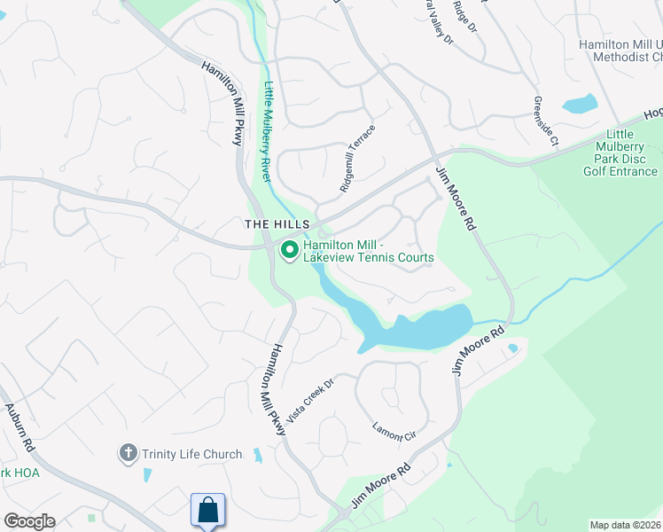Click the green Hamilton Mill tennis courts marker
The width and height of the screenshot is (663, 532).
point(289,251)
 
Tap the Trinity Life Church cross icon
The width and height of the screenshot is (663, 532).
point(128,454)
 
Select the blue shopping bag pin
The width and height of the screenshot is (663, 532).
point(207,511)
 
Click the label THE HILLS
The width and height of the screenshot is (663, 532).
point(275,225)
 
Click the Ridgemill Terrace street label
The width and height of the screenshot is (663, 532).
point(358,160)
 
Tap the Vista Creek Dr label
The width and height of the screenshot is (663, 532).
point(316,392)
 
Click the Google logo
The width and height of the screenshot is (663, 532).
point(29,521)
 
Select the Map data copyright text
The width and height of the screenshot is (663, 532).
point(625,525)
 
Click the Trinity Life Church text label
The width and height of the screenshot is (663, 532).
point(191,454)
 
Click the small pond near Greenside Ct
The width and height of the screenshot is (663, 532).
point(581,104)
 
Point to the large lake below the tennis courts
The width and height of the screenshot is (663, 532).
point(417,329)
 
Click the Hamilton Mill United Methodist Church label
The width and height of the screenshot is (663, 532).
point(620,51)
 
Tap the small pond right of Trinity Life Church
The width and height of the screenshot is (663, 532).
point(257,457)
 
